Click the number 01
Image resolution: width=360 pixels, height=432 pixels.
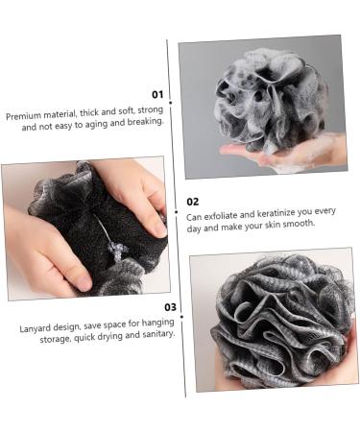coord(157,94)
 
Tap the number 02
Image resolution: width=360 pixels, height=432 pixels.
coord(193,202)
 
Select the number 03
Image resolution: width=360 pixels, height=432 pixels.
coord(169,307)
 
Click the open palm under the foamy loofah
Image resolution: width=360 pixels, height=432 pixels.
coord(288,152)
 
